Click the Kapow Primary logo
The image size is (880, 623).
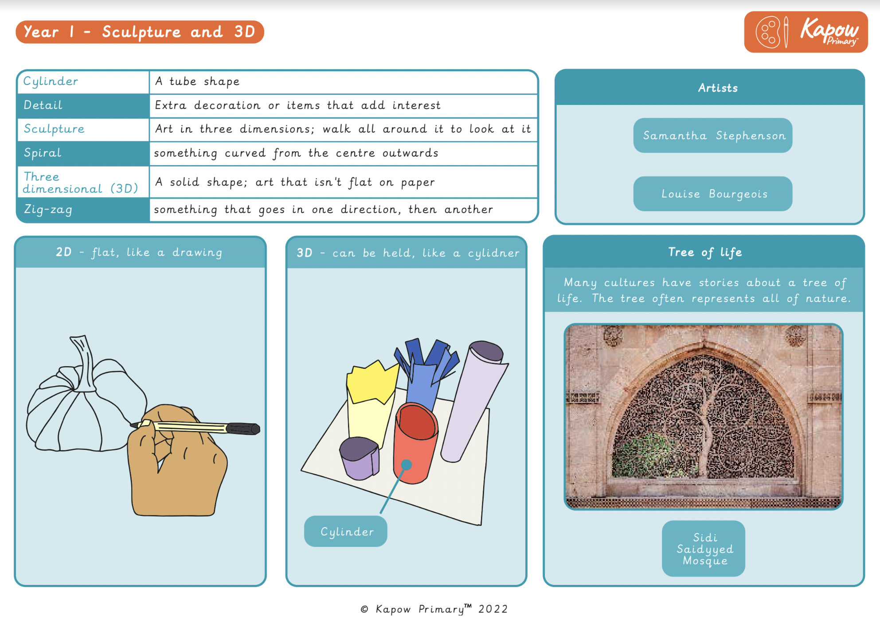pyautogui.click(x=806, y=32)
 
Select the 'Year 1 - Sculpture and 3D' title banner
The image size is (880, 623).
pyautogui.click(x=140, y=32)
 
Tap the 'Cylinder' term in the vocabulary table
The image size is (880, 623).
pyautogui.click(x=51, y=81)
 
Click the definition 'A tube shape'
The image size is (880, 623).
pyautogui.click(x=197, y=81)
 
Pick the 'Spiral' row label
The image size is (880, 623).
pyautogui.click(x=43, y=153)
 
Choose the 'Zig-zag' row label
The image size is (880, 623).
pyautogui.click(x=48, y=209)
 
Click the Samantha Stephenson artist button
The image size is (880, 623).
pyautogui.click(x=712, y=135)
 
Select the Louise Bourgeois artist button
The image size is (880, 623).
pyautogui.click(x=712, y=194)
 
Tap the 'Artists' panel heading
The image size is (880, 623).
pyautogui.click(x=717, y=88)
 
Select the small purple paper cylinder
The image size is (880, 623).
pyautogui.click(x=359, y=458)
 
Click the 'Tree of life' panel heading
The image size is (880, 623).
pyautogui.click(x=704, y=252)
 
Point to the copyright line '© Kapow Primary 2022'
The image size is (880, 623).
pyautogui.click(x=434, y=609)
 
